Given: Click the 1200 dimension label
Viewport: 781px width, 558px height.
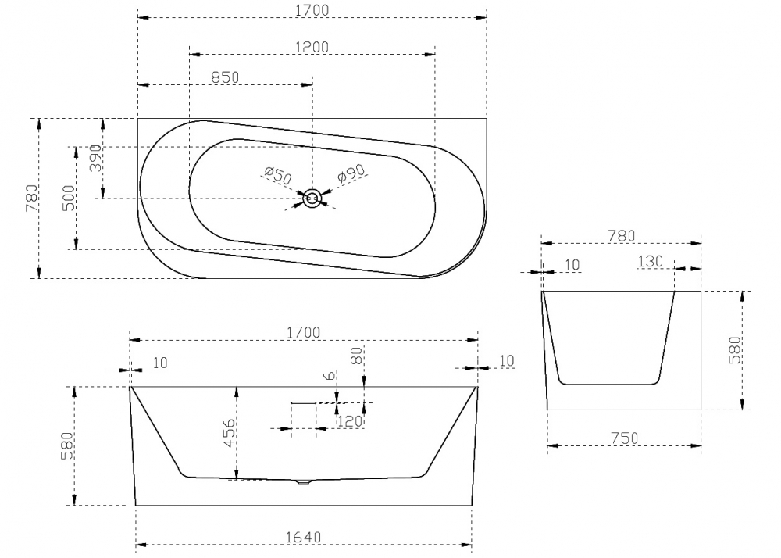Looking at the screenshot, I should point(312,47).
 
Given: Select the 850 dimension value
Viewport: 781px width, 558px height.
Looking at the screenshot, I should point(225,77).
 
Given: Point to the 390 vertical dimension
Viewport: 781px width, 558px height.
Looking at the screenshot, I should point(96,159).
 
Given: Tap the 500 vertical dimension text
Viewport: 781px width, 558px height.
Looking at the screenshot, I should point(69,199).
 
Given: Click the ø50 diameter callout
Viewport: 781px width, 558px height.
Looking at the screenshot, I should point(277,175).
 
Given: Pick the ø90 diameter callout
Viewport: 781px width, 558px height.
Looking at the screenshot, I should point(351,174).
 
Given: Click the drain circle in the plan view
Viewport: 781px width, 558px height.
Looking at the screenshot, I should point(312,199).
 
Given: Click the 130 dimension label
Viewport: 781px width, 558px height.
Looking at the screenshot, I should point(649,261).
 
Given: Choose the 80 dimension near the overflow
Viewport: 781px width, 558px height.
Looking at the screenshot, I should point(356,357).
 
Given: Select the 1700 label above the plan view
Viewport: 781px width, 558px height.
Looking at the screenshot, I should point(312,9).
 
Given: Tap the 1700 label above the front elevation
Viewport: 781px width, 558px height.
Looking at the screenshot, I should point(303,332).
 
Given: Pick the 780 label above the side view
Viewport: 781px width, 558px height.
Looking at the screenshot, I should point(620,235).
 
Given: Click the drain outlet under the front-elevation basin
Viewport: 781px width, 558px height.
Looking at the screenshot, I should point(303,482).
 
